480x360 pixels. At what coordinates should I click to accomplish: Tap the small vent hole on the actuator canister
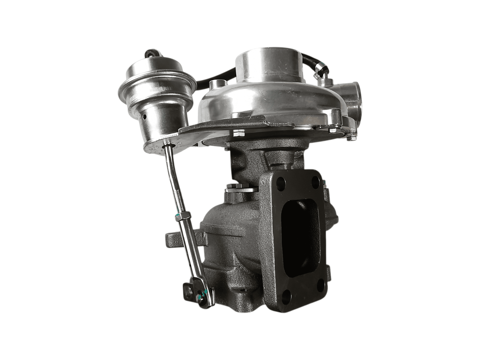[x=144, y=117]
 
